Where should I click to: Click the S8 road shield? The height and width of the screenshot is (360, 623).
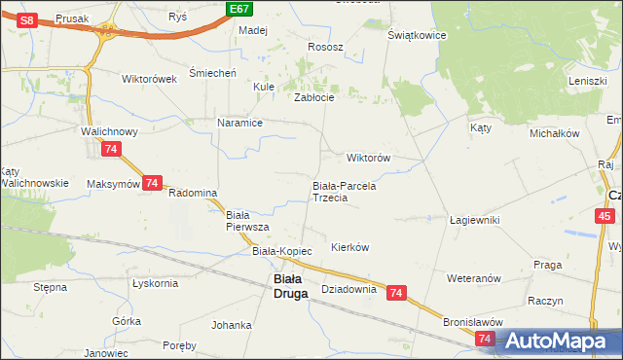click(27, 19)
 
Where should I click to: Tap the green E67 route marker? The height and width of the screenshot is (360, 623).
click(238, 9)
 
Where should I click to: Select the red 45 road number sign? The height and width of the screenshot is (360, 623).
click(605, 216)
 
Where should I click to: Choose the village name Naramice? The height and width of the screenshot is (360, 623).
click(240, 124)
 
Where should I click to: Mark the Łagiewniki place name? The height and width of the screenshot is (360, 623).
click(475, 220)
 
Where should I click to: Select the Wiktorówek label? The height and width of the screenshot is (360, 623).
click(149, 79)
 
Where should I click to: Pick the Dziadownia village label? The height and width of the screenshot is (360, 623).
click(348, 289)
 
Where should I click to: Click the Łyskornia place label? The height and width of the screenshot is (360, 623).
click(155, 283)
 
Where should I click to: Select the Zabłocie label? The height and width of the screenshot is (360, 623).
click(314, 97)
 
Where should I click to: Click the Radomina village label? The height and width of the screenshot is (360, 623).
click(192, 193)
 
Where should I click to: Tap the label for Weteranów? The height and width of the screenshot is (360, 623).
click(473, 278)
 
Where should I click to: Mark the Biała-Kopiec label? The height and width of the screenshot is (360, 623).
click(282, 251)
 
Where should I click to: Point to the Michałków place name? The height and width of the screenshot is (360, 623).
click(555, 132)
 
